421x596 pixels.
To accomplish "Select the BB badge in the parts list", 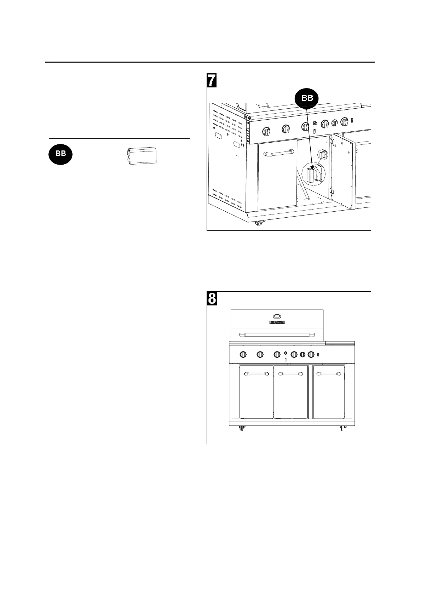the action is (60, 154).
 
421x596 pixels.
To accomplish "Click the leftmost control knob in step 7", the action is (266, 131).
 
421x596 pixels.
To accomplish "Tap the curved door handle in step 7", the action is (278, 153).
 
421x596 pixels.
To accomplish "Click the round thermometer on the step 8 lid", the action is (277, 316).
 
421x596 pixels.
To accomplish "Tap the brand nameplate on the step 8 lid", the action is (277, 322).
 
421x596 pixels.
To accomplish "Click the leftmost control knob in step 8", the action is (243, 354).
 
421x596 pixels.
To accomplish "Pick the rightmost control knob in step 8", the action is (311, 354).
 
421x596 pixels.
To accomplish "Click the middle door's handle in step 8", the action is (291, 374).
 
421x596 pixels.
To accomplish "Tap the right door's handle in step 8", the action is (329, 374).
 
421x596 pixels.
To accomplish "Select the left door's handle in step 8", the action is (256, 374).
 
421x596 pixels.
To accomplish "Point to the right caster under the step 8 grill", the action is (342, 429).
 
